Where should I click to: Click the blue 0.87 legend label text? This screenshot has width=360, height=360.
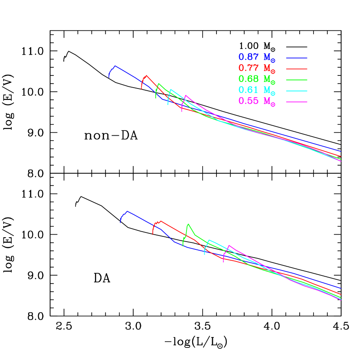(256, 57)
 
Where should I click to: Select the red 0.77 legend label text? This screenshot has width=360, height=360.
(256, 69)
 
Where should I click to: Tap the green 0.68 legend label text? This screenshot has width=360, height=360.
(256, 79)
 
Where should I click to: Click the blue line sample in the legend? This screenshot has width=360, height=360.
(297, 58)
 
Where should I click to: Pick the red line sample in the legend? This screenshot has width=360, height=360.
(297, 69)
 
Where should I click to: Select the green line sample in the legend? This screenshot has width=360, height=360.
(297, 80)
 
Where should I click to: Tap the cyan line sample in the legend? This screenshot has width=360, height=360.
(297, 91)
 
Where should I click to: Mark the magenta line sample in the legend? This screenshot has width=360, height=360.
(297, 102)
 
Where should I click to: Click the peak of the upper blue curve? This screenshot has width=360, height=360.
(115, 66)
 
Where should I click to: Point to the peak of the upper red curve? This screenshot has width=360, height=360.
(147, 75)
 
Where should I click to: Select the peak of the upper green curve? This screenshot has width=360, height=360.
(159, 83)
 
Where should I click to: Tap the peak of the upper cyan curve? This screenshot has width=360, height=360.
(171, 89)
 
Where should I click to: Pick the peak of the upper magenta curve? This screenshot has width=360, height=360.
(186, 95)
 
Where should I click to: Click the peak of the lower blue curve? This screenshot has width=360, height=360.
(127, 211)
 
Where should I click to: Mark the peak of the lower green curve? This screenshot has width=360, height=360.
(188, 224)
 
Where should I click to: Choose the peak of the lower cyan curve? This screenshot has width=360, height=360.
(209, 239)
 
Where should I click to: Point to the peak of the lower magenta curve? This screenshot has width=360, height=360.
(229, 245)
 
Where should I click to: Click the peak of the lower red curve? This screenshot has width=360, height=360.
(161, 221)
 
